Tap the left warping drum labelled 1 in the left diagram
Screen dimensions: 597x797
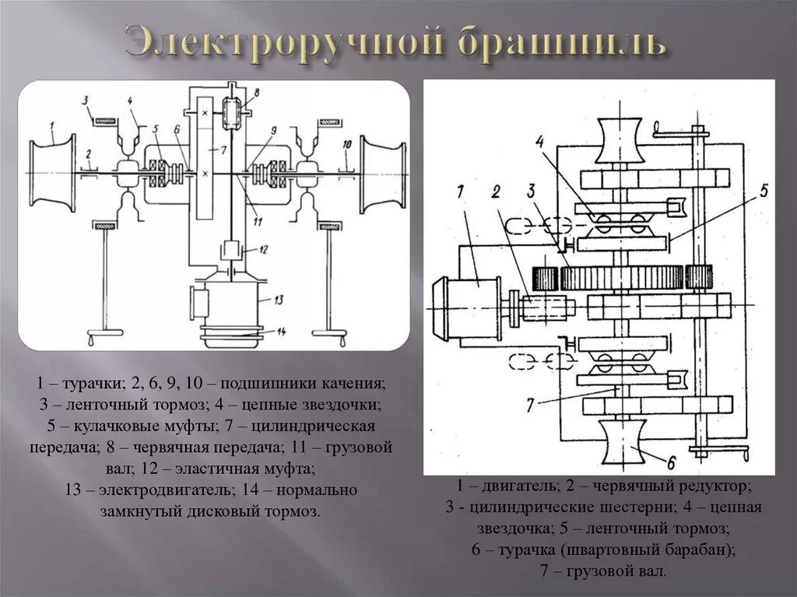coord(52,171)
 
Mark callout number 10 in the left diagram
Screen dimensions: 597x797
coord(347,143)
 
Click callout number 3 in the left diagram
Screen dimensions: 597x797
coord(90,99)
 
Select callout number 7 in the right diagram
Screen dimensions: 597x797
coord(530,403)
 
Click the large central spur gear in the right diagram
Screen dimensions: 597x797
coord(623,276)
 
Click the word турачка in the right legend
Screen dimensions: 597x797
coord(528,550)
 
